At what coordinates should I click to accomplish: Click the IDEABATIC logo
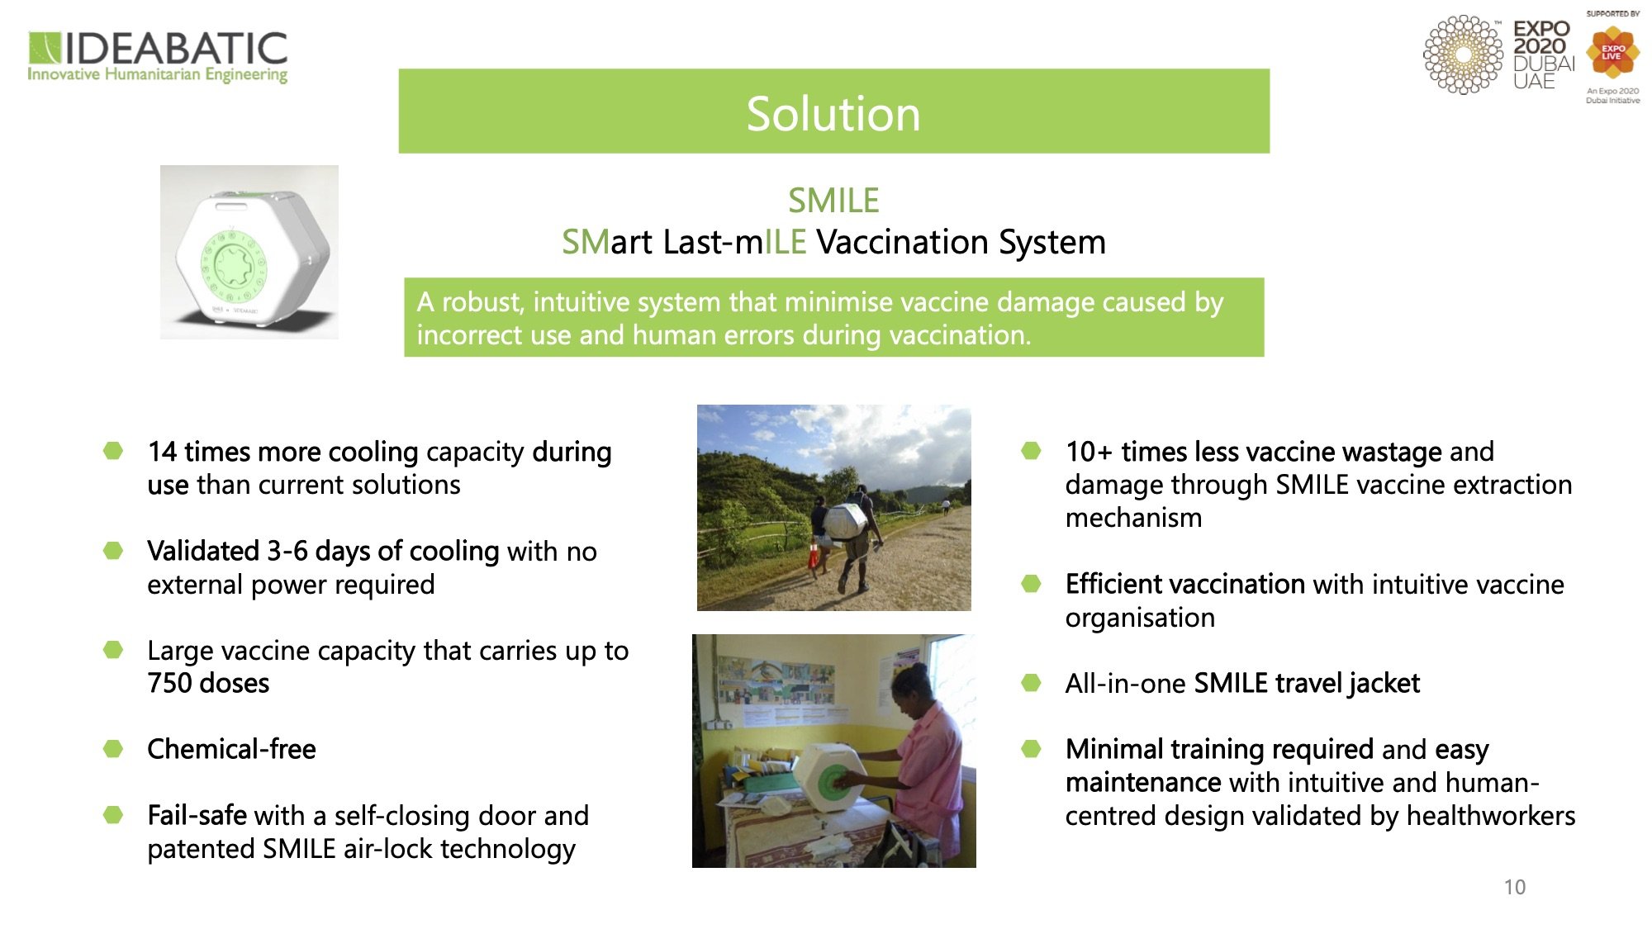[158, 57]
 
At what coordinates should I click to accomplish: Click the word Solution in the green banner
[833, 113]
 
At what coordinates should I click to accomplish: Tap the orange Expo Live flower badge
[1612, 53]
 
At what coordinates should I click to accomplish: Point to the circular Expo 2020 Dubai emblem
[1463, 55]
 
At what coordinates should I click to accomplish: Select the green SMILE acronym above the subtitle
[833, 201]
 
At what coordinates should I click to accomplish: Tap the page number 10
[1514, 887]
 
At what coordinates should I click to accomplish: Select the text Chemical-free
[231, 749]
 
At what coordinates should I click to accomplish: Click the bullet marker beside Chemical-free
[113, 749]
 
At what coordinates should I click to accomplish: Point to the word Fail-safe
[197, 815]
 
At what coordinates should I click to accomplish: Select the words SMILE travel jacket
[1307, 684]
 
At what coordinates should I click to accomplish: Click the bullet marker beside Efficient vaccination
[1031, 584]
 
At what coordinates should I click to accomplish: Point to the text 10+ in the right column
[1089, 452]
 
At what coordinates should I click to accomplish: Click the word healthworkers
[1491, 816]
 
